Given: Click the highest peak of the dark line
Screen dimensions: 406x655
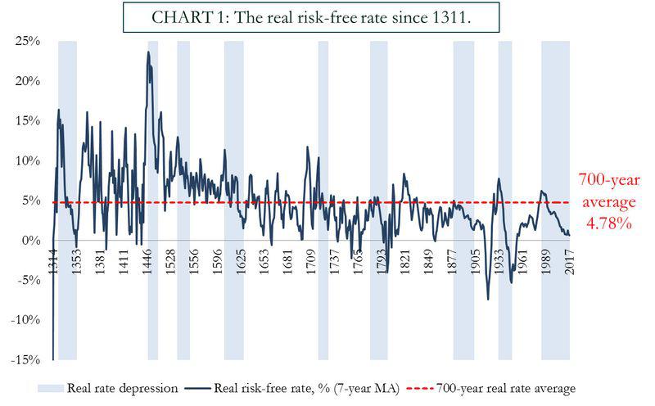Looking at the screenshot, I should click(148, 52).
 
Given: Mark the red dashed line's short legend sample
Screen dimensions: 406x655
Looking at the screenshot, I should click(421, 388).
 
